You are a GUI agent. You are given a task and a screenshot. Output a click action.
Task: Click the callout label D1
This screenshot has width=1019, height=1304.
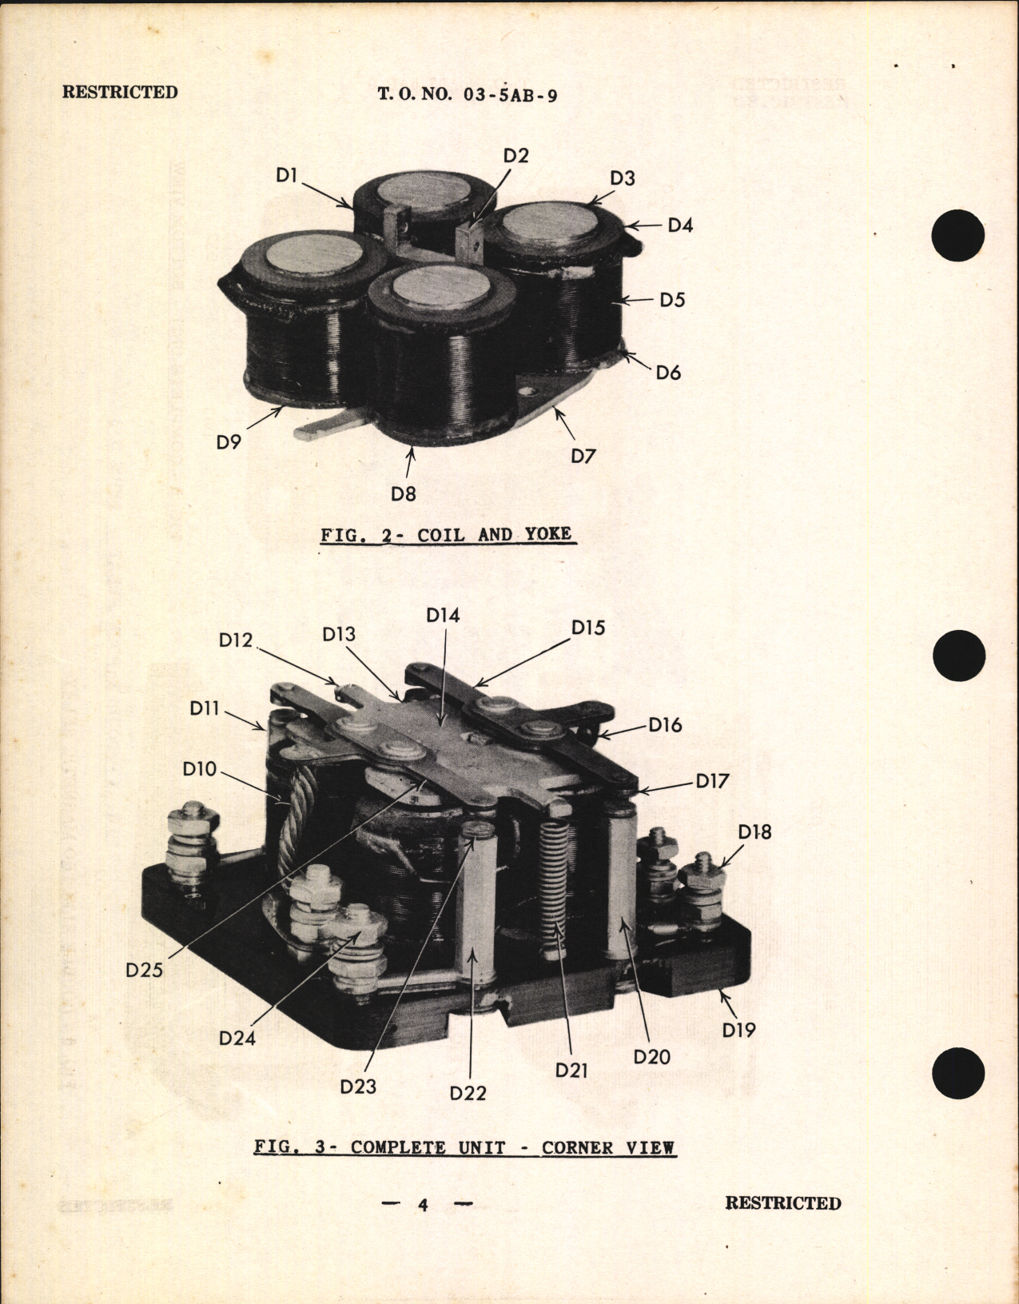[x=286, y=175]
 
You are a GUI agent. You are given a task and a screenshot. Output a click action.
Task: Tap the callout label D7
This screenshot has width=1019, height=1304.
[x=583, y=456]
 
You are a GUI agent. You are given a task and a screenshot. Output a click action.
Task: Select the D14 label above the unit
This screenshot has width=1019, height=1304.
[x=443, y=615]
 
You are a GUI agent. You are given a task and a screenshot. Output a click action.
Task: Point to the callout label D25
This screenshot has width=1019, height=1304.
[x=144, y=970]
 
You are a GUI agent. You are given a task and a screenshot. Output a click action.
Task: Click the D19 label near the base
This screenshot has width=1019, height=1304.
[x=738, y=1030]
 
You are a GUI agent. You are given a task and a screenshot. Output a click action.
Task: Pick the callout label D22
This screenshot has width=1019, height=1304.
[x=468, y=1093]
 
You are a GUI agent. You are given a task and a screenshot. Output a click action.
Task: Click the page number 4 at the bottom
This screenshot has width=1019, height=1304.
[x=423, y=1205]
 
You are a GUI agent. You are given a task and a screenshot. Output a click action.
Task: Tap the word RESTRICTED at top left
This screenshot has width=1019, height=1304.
[x=120, y=92]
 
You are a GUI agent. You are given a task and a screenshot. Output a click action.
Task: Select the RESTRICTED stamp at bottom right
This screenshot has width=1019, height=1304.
[x=782, y=1203]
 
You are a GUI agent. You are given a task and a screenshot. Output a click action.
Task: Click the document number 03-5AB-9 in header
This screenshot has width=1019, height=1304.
[x=509, y=95]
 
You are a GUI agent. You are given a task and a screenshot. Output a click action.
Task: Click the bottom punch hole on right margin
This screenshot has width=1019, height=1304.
[x=957, y=1071]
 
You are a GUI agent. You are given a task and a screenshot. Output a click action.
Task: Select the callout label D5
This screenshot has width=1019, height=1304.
[x=672, y=300]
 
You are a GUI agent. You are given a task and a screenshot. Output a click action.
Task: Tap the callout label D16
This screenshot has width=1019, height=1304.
[x=664, y=725]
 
